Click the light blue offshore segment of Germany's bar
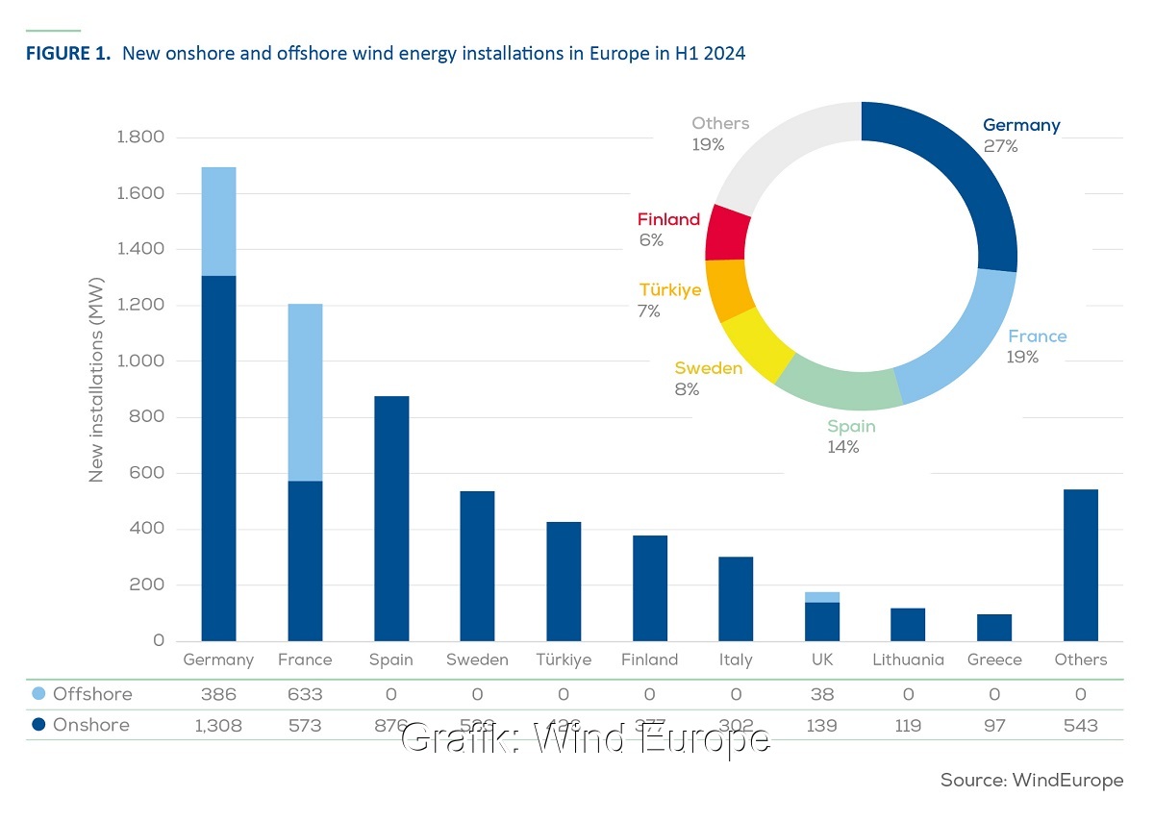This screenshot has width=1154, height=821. [x=218, y=221]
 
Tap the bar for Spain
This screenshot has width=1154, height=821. [x=391, y=518]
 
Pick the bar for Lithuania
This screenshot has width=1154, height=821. [x=908, y=624]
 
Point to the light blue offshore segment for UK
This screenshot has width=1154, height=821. [x=822, y=597]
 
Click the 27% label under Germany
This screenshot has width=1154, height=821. [x=1000, y=147]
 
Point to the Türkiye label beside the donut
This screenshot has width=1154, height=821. [x=670, y=290]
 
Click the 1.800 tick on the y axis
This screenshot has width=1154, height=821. [x=140, y=137]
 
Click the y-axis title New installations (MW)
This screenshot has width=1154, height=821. [x=96, y=388]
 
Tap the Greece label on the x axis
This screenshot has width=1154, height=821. [x=994, y=659]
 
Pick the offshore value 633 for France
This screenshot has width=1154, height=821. [x=305, y=694]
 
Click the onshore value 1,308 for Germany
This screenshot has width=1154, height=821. [x=218, y=726]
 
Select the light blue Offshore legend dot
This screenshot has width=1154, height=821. [x=37, y=694]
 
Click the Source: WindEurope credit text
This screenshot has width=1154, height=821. [x=1031, y=781]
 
